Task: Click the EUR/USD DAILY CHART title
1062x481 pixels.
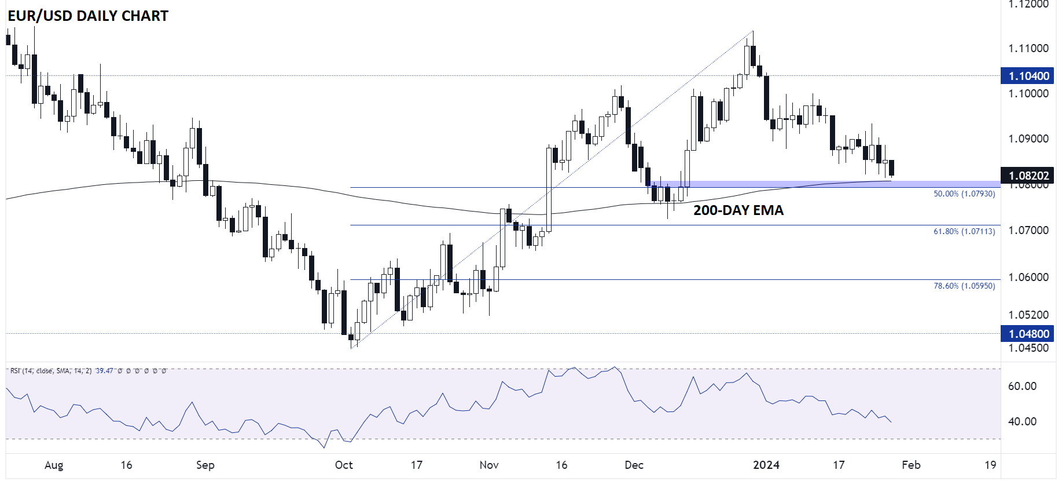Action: pyautogui.click(x=88, y=16)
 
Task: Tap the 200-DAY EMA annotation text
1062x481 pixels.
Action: pyautogui.click(x=738, y=210)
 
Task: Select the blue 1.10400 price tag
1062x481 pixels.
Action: pyautogui.click(x=1028, y=76)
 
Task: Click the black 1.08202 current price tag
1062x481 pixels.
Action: pyautogui.click(x=1028, y=176)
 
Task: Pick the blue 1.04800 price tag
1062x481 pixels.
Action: pyautogui.click(x=1028, y=334)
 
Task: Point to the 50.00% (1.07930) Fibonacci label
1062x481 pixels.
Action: pyautogui.click(x=964, y=194)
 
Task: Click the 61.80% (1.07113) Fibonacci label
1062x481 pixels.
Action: pyautogui.click(x=964, y=231)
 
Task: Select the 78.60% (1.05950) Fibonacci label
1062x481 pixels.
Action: pyautogui.click(x=964, y=286)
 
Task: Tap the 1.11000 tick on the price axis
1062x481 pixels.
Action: pyautogui.click(x=1028, y=48)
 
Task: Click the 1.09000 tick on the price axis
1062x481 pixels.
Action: pyautogui.click(x=1028, y=139)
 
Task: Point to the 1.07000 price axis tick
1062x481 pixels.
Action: pyautogui.click(x=1028, y=230)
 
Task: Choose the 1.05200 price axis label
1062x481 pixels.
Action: pyautogui.click(x=1028, y=315)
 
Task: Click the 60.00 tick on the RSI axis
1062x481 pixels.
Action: pyautogui.click(x=1022, y=386)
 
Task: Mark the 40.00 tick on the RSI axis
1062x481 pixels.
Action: pyautogui.click(x=1022, y=421)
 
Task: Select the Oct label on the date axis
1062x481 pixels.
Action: pyautogui.click(x=344, y=465)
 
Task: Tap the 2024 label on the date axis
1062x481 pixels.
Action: pyautogui.click(x=766, y=465)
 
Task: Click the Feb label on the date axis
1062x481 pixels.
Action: pyautogui.click(x=911, y=465)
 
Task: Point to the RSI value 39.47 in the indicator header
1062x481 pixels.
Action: pyautogui.click(x=104, y=371)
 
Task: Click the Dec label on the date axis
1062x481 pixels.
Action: pyautogui.click(x=634, y=465)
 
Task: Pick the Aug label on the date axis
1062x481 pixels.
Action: pyautogui.click(x=54, y=465)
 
